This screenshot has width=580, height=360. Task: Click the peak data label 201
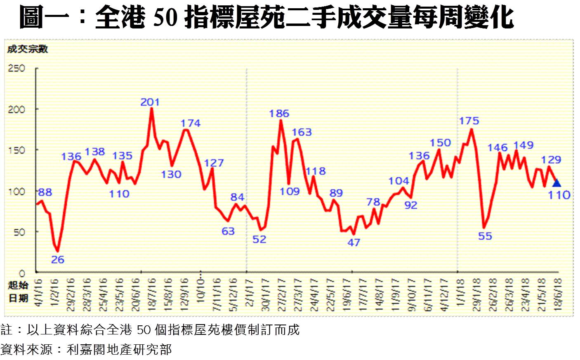click(x=150, y=102)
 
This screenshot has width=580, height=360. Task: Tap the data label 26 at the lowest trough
click(x=58, y=259)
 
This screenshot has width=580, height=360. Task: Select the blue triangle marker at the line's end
click(x=556, y=183)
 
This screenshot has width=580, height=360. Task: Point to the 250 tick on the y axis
click(x=17, y=68)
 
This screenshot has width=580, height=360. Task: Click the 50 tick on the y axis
click(x=19, y=232)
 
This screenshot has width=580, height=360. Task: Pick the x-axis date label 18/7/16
click(x=152, y=294)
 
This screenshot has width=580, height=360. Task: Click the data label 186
click(x=279, y=113)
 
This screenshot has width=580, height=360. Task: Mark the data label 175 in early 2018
click(x=469, y=121)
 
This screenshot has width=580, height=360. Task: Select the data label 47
click(x=354, y=242)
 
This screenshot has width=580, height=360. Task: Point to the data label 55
click(x=485, y=236)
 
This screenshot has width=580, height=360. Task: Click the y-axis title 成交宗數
click(x=28, y=49)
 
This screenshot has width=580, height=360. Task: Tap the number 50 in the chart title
click(x=165, y=17)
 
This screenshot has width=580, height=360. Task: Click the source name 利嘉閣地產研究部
click(x=119, y=350)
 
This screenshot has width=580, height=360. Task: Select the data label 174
click(x=190, y=123)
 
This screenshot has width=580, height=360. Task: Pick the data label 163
click(x=302, y=132)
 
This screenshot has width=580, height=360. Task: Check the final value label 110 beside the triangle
click(x=559, y=195)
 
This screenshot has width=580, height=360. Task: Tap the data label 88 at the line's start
click(x=45, y=192)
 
